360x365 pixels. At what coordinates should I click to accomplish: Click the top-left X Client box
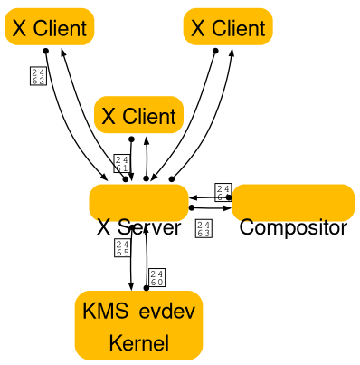pos(49,27)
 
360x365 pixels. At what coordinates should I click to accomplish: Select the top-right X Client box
pos(228,27)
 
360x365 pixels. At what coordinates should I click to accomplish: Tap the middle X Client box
pos(138,115)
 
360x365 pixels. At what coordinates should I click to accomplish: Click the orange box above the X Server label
pos(138,201)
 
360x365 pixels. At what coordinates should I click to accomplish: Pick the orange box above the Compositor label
pos(293,201)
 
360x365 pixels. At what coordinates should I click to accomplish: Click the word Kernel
pos(138,343)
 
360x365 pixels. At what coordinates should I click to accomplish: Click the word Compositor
pos(293,227)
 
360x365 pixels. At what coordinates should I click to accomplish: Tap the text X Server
pos(138,227)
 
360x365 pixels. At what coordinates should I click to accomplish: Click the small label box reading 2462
pos(38,75)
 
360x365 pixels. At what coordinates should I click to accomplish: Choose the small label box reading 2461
pos(122,163)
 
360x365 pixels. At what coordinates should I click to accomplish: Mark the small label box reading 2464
pos(223,191)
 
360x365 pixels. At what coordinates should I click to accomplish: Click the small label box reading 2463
pos(204,228)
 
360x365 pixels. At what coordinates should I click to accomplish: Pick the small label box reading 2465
pos(122,248)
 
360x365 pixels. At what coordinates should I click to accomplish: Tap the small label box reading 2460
pos(156,277)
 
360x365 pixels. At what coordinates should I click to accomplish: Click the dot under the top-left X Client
pos(45,50)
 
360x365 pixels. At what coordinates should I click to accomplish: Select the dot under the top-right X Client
pos(215,50)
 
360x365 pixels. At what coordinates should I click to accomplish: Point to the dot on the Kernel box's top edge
pos(146,289)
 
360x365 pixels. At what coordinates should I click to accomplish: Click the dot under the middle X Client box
pos(132,139)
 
